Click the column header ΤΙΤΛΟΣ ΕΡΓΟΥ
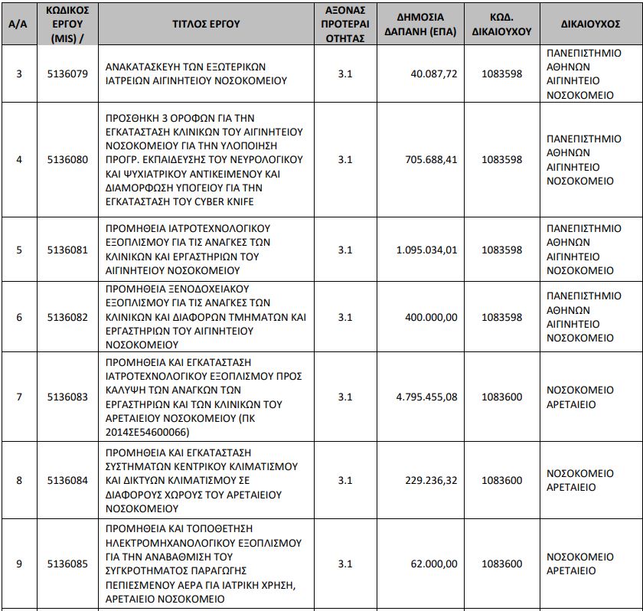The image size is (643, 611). point(205,24)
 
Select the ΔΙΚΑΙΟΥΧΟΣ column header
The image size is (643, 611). point(590,24)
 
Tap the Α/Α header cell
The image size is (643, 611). point(19,24)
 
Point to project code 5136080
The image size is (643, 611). point(67,159)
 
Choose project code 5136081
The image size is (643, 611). point(67,250)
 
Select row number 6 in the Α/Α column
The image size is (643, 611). point(19,317)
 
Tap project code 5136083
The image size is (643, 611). point(67,397)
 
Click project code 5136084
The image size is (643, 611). point(67,480)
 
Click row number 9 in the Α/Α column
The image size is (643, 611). point(19,564)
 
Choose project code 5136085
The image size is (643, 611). point(67,564)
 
